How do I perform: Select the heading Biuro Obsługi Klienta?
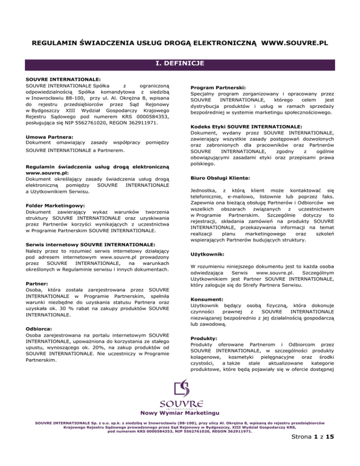click(x=220, y=191)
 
